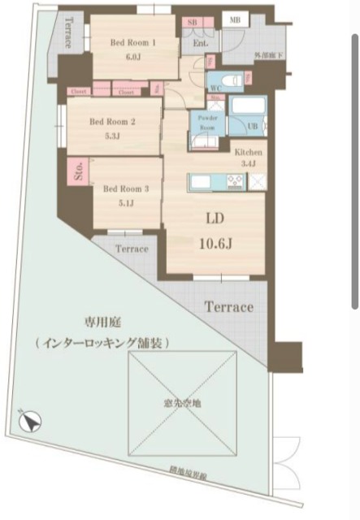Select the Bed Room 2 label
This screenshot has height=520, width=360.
click(x=112, y=122)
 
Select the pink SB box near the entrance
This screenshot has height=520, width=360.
click(x=192, y=23)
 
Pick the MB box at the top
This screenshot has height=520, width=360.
click(x=235, y=19)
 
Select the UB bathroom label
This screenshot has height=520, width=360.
click(x=254, y=127)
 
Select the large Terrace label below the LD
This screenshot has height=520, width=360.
click(x=228, y=308)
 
